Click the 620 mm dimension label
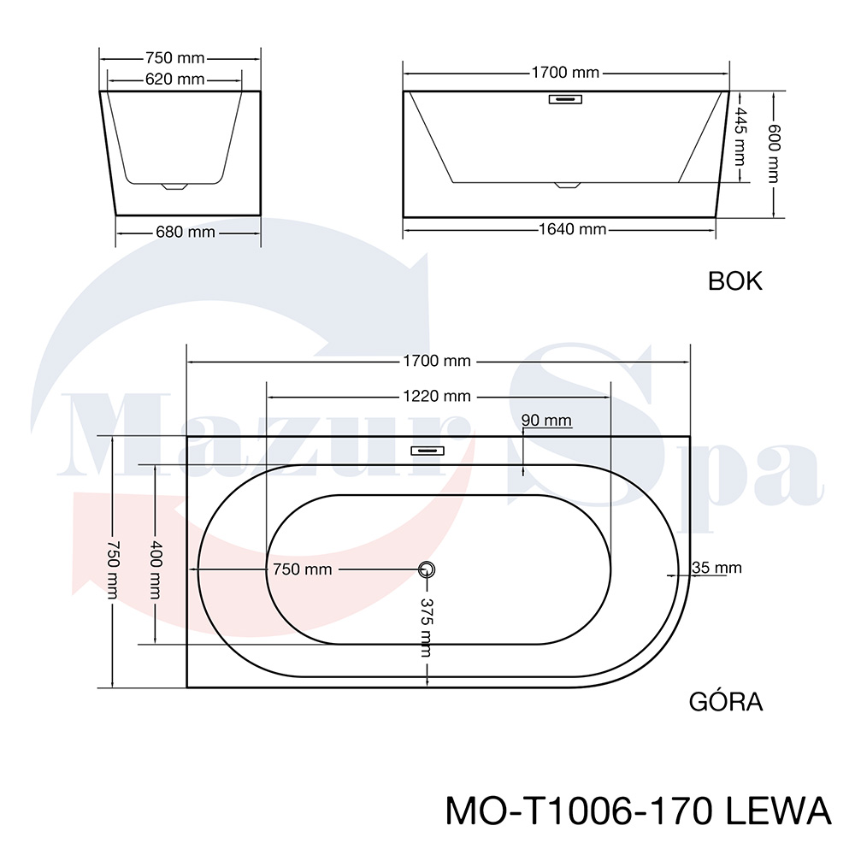tap(175, 80)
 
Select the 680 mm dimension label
tap(186, 233)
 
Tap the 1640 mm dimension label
tap(573, 229)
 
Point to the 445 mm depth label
tap(740, 136)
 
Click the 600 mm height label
tap(775, 154)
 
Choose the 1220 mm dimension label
tap(437, 396)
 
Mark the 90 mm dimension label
tap(546, 421)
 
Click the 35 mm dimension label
tap(717, 569)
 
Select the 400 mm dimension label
tap(156, 569)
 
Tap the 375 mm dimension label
tap(427, 628)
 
